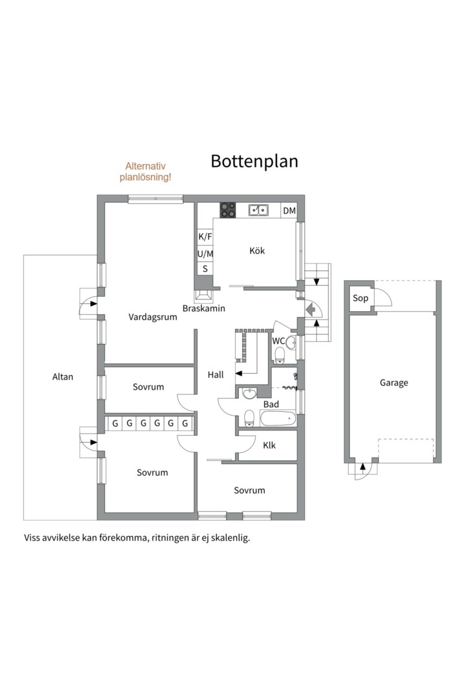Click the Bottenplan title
(254, 161)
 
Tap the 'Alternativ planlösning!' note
(145, 172)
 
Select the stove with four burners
(228, 210)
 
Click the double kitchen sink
(258, 209)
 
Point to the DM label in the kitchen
(289, 210)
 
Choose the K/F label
(205, 236)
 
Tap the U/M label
(205, 254)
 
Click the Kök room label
(257, 250)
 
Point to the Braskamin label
(204, 308)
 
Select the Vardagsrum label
(152, 317)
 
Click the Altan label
(63, 377)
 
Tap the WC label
(278, 341)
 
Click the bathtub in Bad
(278, 419)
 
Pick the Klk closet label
(269, 445)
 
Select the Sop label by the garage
(360, 298)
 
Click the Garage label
(394, 383)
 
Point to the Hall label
(216, 375)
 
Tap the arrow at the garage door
(363, 467)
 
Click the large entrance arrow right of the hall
(310, 308)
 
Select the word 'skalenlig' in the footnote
(230, 538)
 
